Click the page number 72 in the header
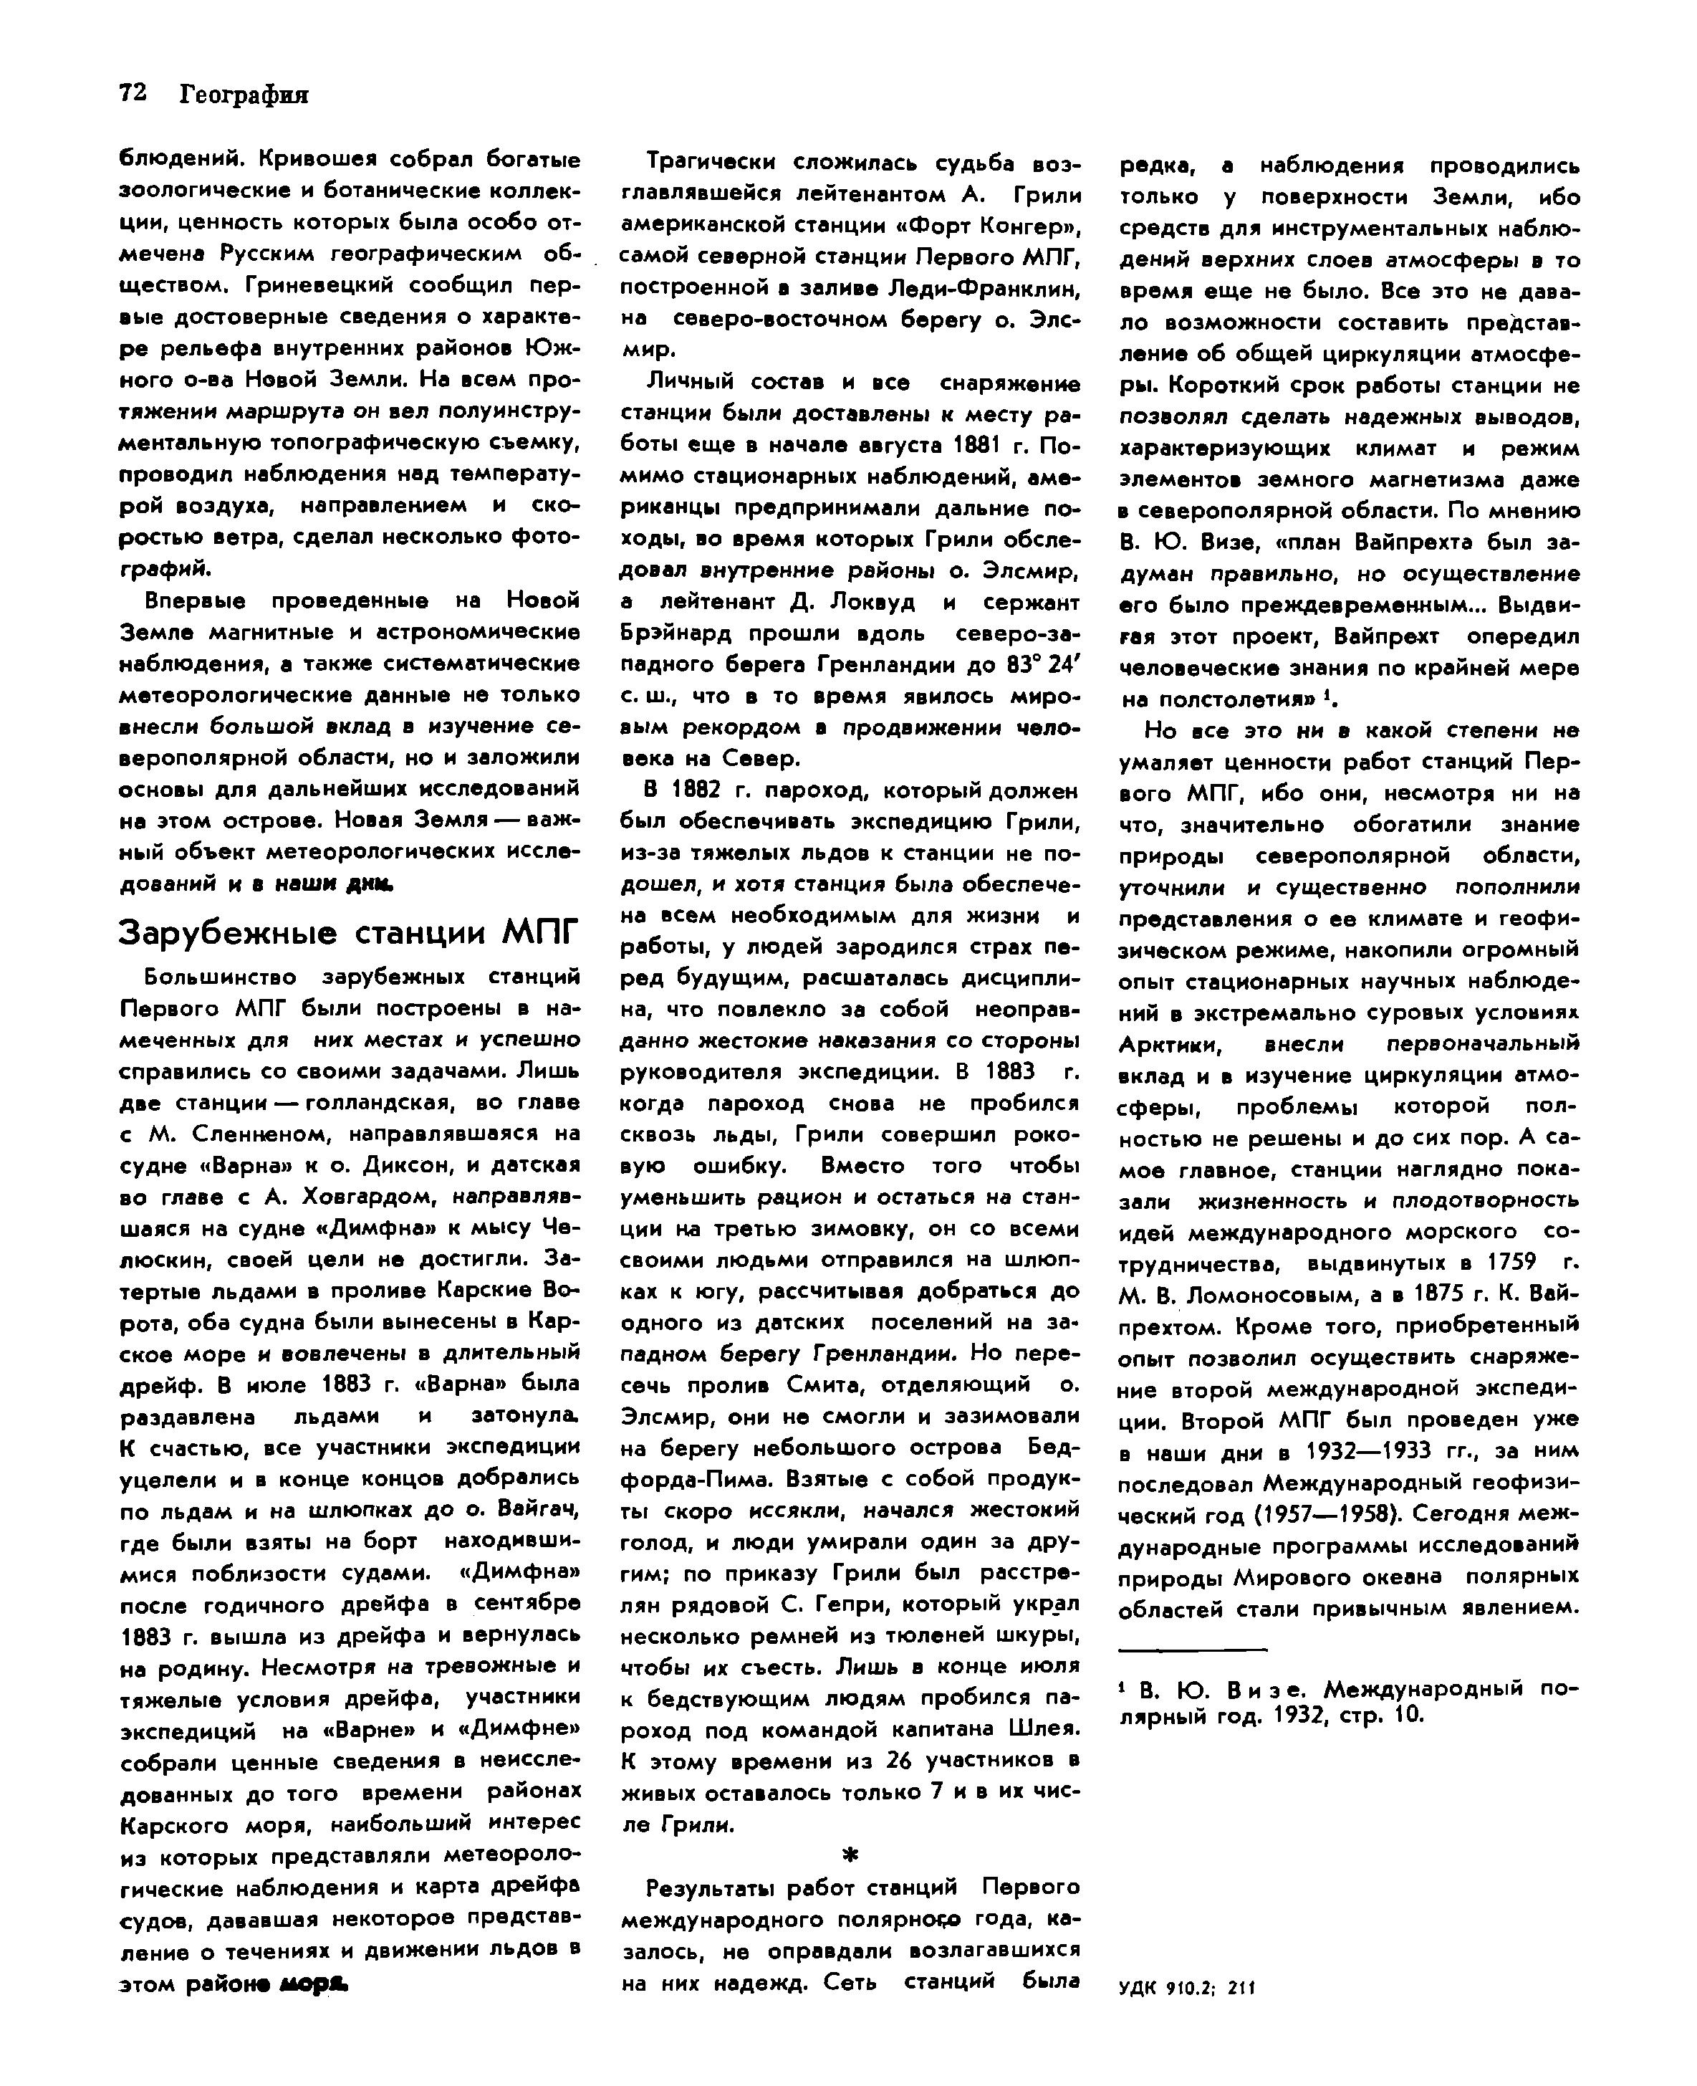[133, 93]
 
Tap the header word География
[244, 95]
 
